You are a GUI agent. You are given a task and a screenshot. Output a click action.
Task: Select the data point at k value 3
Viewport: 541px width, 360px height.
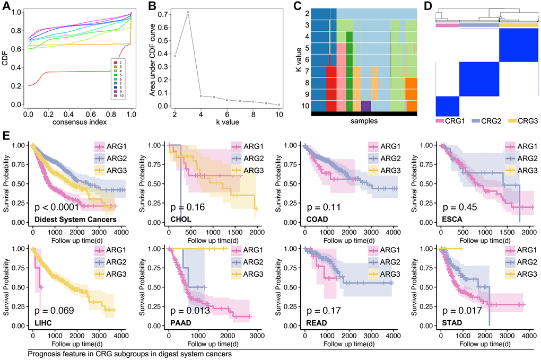[188, 12]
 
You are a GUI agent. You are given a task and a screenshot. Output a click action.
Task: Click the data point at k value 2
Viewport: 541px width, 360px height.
[175, 56]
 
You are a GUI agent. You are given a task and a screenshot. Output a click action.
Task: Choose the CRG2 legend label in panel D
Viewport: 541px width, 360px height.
[485, 121]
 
